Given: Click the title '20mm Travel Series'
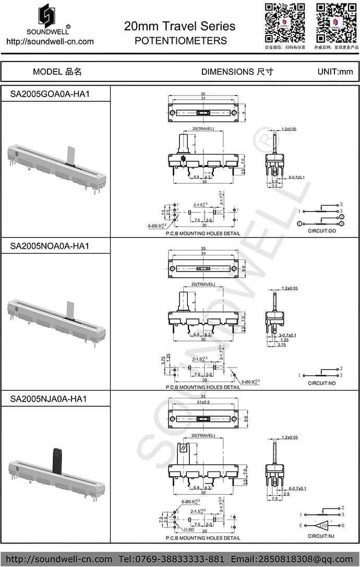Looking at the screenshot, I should pyautogui.click(x=179, y=26).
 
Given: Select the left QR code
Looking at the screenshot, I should pyautogui.click(x=284, y=22).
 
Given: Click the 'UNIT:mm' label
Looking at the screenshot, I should pyautogui.click(x=335, y=72).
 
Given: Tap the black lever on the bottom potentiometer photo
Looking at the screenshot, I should pyautogui.click(x=56, y=459).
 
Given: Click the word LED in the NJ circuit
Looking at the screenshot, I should pyautogui.click(x=323, y=525).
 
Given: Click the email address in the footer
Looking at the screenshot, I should pyautogui.click(x=293, y=559).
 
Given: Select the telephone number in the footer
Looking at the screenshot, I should pyautogui.click(x=175, y=559).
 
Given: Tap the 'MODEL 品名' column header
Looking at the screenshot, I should pyautogui.click(x=57, y=72).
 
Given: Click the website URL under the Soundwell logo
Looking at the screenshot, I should pyautogui.click(x=50, y=41).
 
